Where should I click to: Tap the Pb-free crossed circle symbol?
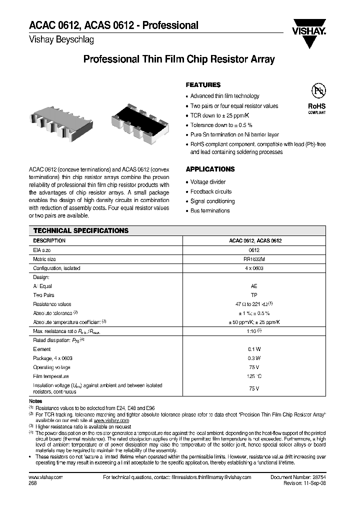point(317,91)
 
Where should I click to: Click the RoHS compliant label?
point(316,108)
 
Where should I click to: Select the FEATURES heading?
point(203,85)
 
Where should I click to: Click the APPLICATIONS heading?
point(210,169)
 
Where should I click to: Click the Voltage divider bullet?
point(208,182)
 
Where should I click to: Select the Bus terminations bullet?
point(210,210)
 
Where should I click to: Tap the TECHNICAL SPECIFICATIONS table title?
point(80,230)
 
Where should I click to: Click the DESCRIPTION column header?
point(49,240)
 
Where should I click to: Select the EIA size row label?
point(42,249)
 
